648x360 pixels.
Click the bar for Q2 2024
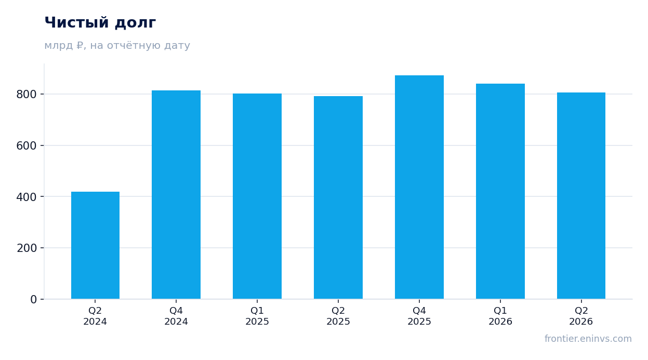[x=95, y=245]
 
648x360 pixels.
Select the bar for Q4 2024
[x=176, y=195]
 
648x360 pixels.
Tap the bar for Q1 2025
[x=257, y=196]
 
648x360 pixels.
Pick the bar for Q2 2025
[x=338, y=197]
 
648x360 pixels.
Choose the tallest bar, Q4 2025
[x=419, y=187]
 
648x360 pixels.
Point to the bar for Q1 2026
[x=500, y=191]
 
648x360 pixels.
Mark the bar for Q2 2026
[x=581, y=196]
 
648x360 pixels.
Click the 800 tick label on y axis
[x=27, y=95]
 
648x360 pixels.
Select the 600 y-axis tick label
[x=27, y=146]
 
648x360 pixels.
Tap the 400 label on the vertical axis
[x=27, y=197]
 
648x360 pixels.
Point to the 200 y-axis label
[x=27, y=248]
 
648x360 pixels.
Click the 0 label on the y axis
[x=34, y=300]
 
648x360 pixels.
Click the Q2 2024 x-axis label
[x=95, y=316]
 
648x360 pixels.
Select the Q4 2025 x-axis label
[x=419, y=316]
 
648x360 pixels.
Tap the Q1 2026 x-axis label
[x=500, y=316]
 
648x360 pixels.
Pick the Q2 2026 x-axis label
[x=581, y=316]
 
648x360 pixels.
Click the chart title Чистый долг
[x=100, y=22]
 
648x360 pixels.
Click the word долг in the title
[x=136, y=23]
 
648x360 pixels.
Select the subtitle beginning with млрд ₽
[x=117, y=45]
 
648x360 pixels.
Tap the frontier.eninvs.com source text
[x=588, y=339]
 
